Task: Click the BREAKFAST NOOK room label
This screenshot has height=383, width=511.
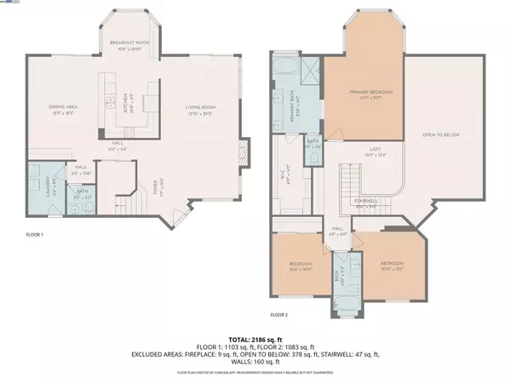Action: [129, 42]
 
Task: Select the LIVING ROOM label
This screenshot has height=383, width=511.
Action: [202, 106]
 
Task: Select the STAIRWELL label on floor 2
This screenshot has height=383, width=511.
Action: [365, 201]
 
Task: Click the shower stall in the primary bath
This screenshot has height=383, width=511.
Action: [311, 70]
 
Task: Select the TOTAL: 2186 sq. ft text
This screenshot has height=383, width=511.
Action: [255, 338]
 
